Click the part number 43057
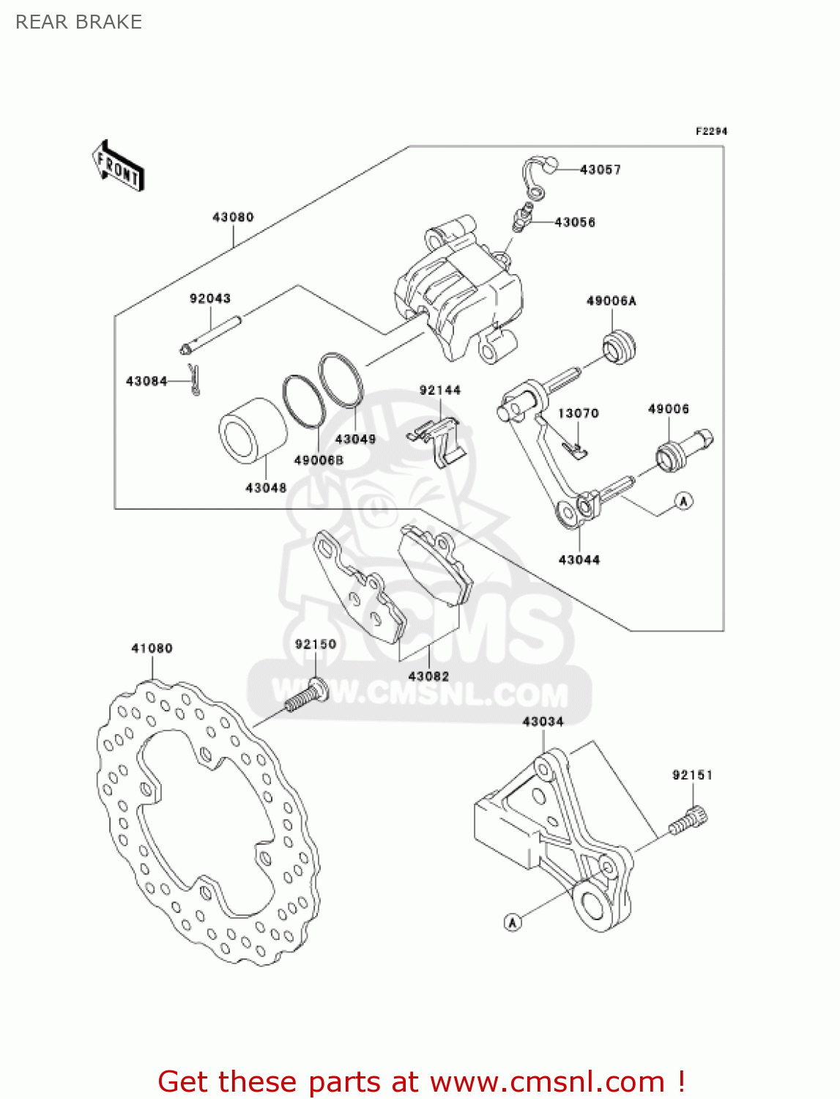coord(600,170)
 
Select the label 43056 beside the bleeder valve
coord(575,222)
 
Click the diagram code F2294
coord(711,131)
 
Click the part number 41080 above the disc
coord(152,648)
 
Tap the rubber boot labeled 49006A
coord(620,347)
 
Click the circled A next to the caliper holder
coord(683,501)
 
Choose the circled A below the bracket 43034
coord(513,922)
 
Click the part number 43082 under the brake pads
coord(428,676)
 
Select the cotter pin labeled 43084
coord(193,379)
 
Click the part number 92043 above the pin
coord(210,298)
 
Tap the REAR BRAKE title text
coord(78,22)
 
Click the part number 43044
coord(579,560)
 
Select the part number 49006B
coord(319,460)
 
